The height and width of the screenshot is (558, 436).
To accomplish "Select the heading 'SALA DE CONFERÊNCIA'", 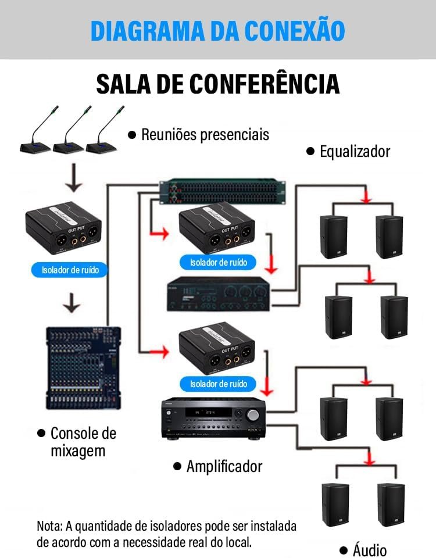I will [217, 84].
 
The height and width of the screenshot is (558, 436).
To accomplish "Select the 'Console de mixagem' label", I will [77, 442].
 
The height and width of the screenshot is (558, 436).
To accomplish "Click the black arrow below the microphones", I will [73, 178].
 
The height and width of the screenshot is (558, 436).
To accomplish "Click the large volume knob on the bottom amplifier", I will [253, 415].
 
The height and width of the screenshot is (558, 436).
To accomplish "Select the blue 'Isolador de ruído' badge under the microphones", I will [70, 270].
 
